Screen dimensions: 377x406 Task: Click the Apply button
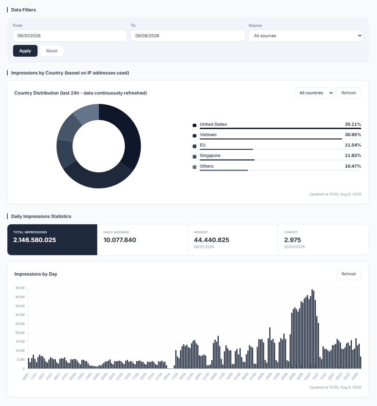(x=25, y=51)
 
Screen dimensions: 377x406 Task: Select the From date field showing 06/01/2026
(x=70, y=36)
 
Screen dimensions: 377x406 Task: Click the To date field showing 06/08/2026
(x=188, y=36)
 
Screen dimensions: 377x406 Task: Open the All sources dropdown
(x=306, y=36)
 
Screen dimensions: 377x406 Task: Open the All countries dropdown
(x=314, y=93)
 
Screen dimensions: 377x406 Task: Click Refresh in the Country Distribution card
(x=349, y=93)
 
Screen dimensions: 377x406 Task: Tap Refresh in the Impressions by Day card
(x=349, y=274)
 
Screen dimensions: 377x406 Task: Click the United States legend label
(x=213, y=124)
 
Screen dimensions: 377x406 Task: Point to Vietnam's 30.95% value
(x=353, y=135)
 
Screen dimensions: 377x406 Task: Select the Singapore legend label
(x=210, y=156)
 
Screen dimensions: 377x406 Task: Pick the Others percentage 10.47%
(x=353, y=166)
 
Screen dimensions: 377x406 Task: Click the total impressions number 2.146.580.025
(x=35, y=240)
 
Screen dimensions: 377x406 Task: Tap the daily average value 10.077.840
(x=120, y=240)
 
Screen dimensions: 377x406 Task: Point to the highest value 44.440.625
(x=211, y=240)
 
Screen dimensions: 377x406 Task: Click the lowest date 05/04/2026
(x=294, y=247)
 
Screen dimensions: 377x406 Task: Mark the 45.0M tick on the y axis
(x=20, y=288)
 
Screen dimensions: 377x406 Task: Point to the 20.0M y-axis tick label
(x=20, y=333)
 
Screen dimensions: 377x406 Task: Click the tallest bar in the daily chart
(x=312, y=329)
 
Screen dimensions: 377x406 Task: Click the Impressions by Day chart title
(x=36, y=274)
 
